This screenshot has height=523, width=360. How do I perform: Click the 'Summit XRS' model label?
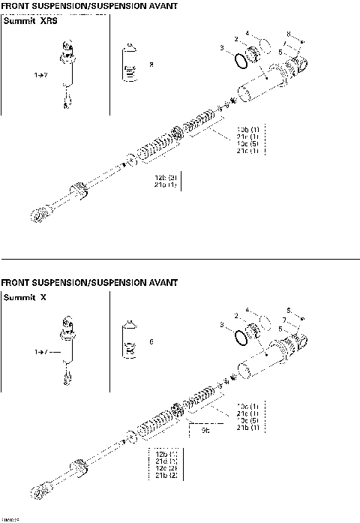pos(31,22)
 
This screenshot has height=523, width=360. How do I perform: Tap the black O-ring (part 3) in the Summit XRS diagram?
pos(238,59)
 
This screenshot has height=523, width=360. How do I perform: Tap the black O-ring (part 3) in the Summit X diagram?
pos(239,337)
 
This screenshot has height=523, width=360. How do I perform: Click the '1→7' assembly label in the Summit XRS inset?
pos(41,76)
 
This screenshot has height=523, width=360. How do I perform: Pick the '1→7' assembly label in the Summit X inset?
pos(41,350)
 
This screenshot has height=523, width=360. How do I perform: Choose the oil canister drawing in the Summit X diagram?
pos(130,341)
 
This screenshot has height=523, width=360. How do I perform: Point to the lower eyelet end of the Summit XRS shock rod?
pos(37,215)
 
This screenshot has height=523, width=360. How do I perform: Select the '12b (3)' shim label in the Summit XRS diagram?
pos(164,178)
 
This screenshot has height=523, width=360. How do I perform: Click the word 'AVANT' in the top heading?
pos(161,5)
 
